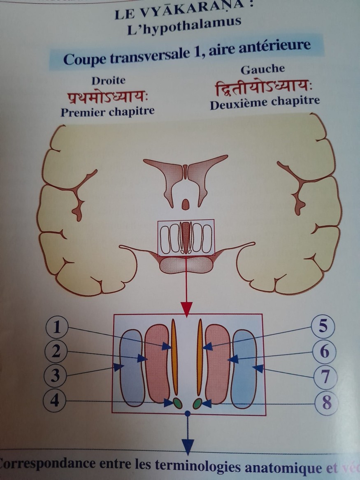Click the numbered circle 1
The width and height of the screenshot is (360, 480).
tap(57, 327)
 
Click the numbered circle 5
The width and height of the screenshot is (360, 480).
tap(323, 327)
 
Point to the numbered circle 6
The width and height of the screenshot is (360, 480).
tap(324, 352)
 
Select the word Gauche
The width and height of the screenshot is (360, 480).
tap(263, 69)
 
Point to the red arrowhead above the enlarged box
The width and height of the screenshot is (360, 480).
tap(186, 308)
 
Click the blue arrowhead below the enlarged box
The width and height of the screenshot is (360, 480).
tap(188, 446)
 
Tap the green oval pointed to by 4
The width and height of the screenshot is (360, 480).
tap(177, 403)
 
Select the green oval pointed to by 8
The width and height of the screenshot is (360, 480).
tap(197, 403)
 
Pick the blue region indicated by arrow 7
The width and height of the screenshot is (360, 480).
tap(244, 368)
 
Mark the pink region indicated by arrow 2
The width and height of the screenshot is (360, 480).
tap(157, 362)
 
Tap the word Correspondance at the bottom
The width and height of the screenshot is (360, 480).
tap(46, 464)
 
